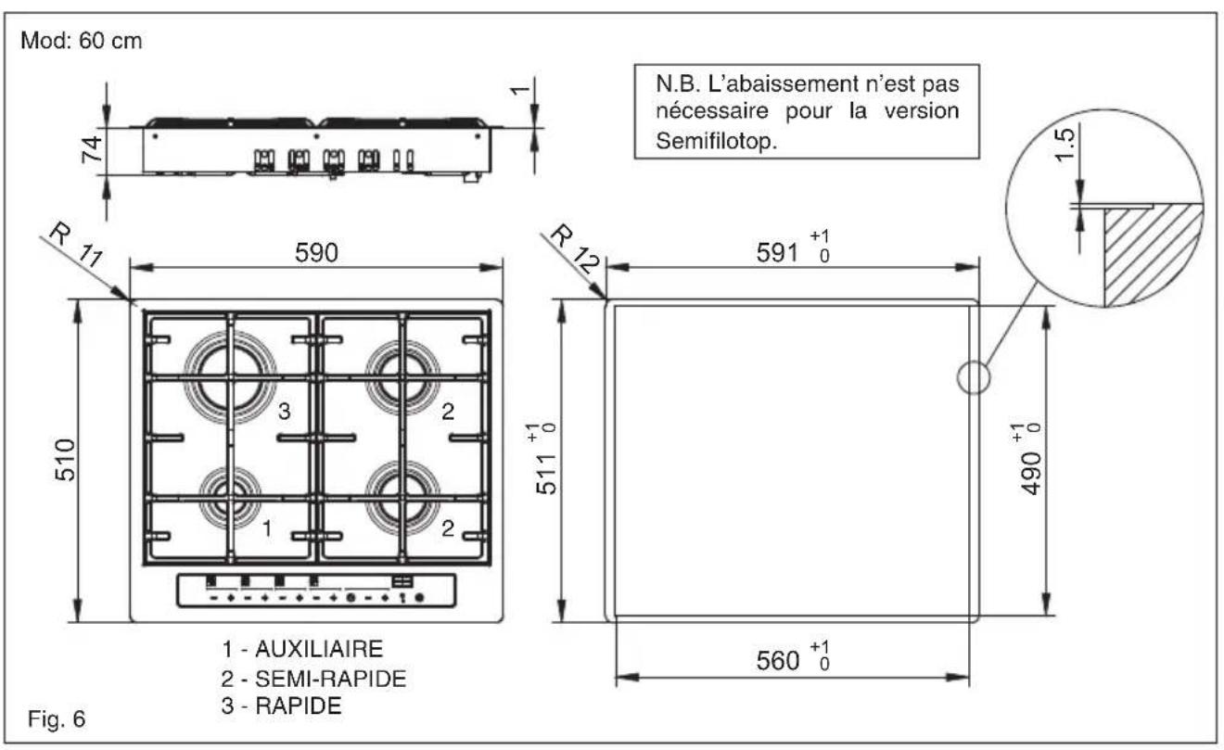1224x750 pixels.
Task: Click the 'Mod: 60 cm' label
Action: pos(78,43)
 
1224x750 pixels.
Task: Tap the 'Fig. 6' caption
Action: pos(58,718)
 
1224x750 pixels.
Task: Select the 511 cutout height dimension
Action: pos(548,460)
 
